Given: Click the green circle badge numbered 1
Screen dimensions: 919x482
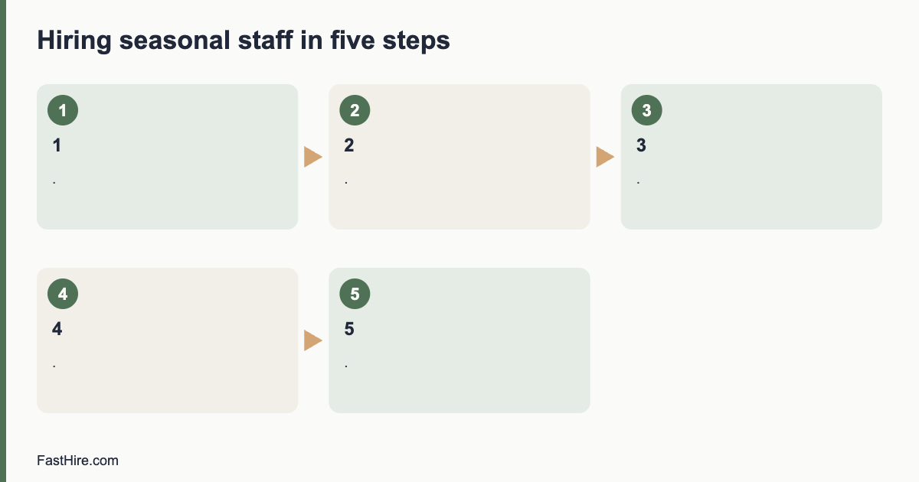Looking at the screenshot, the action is [x=63, y=110].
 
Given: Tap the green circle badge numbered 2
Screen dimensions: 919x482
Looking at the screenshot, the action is [x=355, y=110].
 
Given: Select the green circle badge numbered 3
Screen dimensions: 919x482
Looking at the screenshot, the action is [x=647, y=110].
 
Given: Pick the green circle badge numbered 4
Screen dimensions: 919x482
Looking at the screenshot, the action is [x=63, y=294].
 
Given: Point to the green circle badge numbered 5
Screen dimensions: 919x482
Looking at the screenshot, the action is [x=355, y=294].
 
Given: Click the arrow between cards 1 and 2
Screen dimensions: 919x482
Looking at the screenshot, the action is [x=313, y=157].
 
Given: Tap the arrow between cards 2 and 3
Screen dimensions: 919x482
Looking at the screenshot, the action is [x=605, y=157].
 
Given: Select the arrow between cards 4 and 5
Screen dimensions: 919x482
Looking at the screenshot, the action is [x=313, y=340].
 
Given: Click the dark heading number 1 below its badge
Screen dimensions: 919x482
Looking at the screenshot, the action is [x=57, y=145].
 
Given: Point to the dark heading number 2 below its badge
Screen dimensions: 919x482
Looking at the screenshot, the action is [x=349, y=145].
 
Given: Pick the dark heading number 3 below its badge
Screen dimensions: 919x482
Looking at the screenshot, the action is [x=641, y=145].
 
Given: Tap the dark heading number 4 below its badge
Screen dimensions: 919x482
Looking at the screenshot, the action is [x=57, y=329].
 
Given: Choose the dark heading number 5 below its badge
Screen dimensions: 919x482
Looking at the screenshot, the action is [x=349, y=329].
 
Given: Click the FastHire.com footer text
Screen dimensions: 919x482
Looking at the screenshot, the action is [x=77, y=461].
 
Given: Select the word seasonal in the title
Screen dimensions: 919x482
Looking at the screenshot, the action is [x=175, y=41].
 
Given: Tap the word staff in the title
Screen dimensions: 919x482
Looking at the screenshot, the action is [x=266, y=40].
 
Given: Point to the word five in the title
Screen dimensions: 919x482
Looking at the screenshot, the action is [x=352, y=40].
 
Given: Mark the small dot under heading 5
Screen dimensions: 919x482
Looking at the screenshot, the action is [x=346, y=366].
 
